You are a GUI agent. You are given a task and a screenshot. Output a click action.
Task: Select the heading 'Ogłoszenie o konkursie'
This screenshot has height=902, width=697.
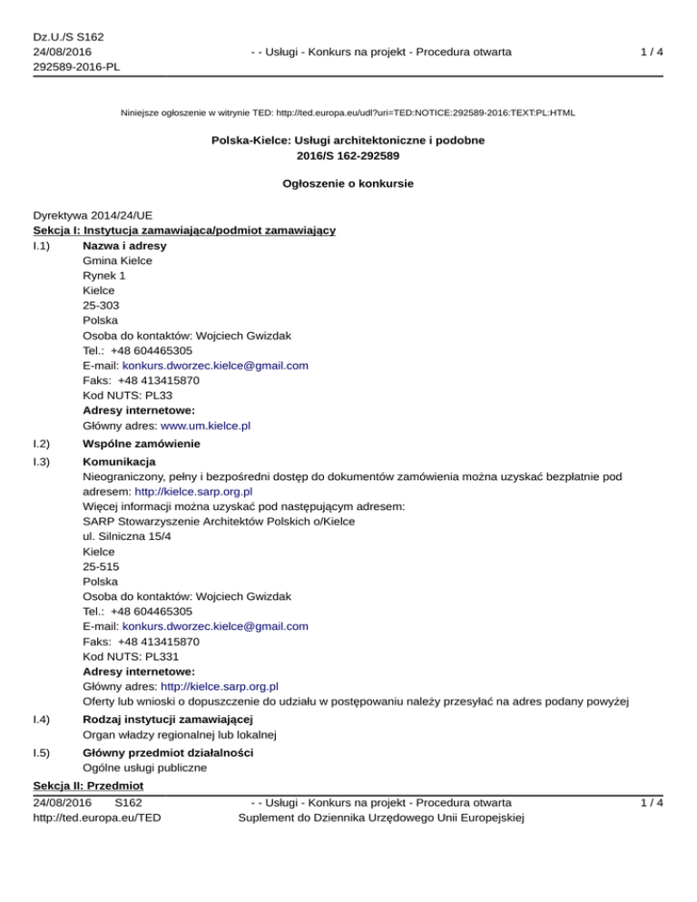click(348, 184)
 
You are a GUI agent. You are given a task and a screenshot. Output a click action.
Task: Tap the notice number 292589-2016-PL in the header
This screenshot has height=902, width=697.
click(77, 66)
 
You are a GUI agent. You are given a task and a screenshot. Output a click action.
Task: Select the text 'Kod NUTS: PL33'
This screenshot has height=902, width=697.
click(126, 395)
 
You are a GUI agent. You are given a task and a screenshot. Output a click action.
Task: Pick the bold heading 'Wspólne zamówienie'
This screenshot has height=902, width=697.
click(141, 445)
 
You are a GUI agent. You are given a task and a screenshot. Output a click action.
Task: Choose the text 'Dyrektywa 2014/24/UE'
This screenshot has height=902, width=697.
click(93, 217)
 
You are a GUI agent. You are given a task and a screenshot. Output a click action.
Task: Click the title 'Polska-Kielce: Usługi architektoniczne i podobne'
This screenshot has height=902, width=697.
click(348, 141)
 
